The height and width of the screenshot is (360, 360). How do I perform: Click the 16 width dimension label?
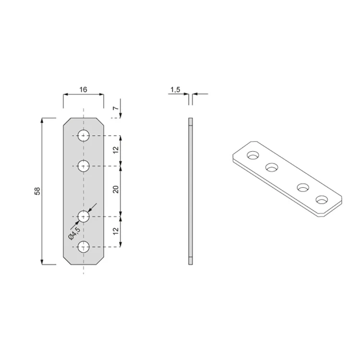[84, 90]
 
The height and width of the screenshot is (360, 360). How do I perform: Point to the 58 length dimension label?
[37, 191]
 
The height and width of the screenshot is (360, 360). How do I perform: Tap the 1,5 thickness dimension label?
[175, 90]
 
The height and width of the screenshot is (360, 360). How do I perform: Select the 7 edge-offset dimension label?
[117, 108]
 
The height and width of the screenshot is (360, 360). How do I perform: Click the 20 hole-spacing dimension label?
[116, 189]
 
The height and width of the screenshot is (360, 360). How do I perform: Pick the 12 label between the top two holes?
[116, 150]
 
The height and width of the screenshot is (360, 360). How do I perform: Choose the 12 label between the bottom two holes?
[116, 231]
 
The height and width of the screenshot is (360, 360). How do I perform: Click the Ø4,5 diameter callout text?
[74, 233]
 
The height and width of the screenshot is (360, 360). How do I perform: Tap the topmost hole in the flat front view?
[84, 135]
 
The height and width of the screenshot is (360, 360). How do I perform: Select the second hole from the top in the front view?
[84, 166]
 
